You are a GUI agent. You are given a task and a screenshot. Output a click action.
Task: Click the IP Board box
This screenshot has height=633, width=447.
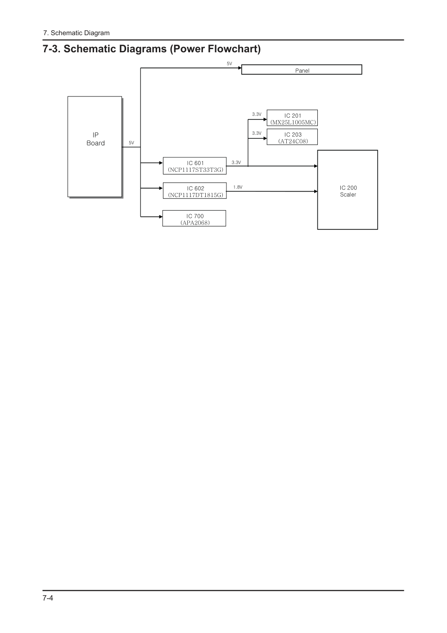click(x=95, y=147)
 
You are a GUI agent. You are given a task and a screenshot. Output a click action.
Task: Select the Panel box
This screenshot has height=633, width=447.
click(x=302, y=69)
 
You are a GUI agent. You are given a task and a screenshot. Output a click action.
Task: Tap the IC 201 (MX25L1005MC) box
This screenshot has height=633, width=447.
click(x=292, y=118)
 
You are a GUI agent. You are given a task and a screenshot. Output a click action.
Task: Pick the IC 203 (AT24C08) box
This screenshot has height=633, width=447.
click(x=292, y=137)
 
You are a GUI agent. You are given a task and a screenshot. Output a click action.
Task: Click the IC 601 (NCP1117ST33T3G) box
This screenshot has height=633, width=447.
click(x=195, y=165)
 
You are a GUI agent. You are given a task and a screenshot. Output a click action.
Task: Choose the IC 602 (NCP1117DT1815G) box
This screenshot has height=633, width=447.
click(x=195, y=191)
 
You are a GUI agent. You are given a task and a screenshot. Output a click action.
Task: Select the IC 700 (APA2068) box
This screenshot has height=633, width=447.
click(x=194, y=218)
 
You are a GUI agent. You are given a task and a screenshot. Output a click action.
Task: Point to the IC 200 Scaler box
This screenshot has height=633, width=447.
click(x=348, y=190)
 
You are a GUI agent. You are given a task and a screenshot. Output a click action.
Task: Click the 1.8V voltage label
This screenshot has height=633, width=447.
click(x=238, y=187)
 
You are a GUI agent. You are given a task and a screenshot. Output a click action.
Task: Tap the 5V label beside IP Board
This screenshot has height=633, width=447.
click(x=131, y=143)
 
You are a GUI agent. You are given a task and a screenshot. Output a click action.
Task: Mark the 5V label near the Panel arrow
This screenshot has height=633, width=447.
click(x=230, y=64)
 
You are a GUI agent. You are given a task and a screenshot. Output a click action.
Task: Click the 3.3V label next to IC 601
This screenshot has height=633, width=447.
click(x=236, y=162)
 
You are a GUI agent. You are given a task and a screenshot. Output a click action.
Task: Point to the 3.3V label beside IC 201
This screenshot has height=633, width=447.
click(x=257, y=114)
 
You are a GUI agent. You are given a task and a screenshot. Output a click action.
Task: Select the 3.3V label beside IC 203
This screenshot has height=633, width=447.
click(x=257, y=133)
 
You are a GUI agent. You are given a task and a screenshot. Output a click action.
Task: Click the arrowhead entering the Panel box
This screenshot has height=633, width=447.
click(x=240, y=68)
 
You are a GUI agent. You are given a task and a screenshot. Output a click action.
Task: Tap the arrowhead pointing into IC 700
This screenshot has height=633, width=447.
click(x=161, y=217)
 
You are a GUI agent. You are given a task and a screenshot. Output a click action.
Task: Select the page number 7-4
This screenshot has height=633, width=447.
click(x=48, y=598)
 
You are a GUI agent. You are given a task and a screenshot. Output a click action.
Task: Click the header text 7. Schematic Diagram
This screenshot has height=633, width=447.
click(x=76, y=33)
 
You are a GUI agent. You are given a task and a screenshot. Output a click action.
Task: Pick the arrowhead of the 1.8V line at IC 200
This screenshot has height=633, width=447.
click(x=316, y=191)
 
